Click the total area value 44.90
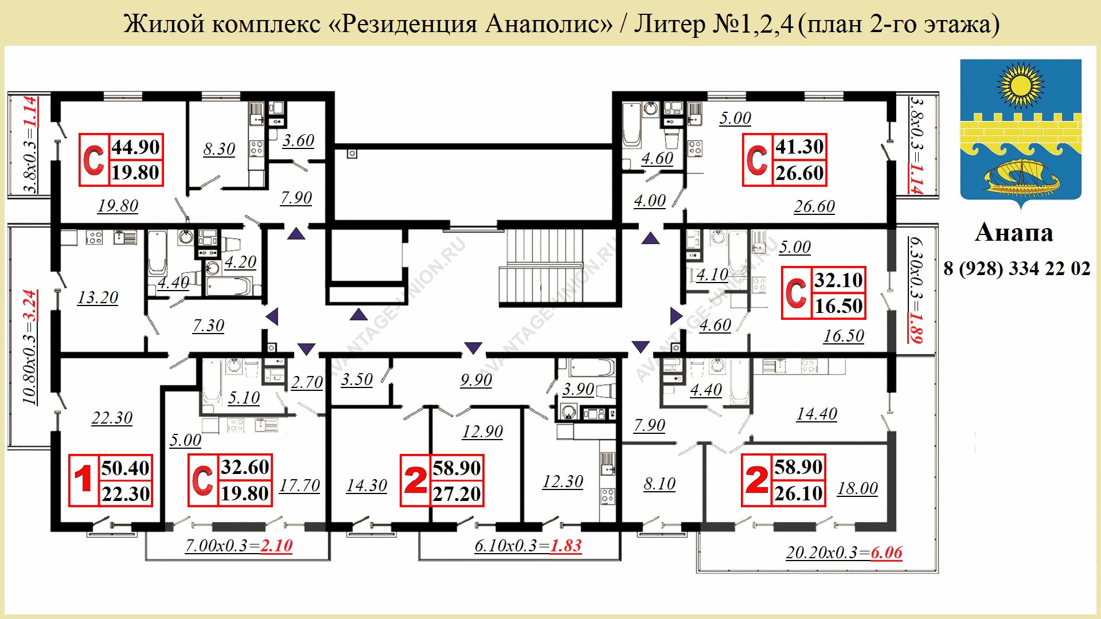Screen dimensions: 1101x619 (x=135, y=147)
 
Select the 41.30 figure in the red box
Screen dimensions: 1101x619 (x=799, y=147)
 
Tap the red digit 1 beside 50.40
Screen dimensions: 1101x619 (x=84, y=479)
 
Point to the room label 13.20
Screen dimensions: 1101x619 (x=97, y=297)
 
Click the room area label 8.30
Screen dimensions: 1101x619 (x=219, y=149)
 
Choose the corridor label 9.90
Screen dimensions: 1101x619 (x=476, y=380)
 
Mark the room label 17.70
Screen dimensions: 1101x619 (x=299, y=485)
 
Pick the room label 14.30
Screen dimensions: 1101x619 (x=366, y=485)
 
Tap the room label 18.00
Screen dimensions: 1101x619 (x=857, y=488)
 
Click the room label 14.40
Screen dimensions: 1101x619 (x=817, y=414)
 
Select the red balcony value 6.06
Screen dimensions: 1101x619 (x=887, y=553)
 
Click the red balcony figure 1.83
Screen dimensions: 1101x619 (x=566, y=546)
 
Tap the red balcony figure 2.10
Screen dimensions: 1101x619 (x=276, y=546)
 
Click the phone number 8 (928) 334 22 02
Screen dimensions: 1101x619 (x=1017, y=268)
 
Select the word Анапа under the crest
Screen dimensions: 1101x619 (x=1014, y=233)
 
